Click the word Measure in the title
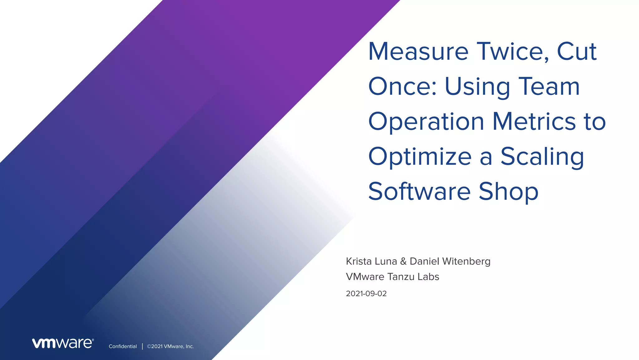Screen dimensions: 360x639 [418, 52]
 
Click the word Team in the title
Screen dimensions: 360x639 [549, 86]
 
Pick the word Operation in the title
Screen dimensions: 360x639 [426, 122]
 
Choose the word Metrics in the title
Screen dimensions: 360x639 [534, 121]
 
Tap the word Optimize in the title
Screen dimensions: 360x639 [420, 157]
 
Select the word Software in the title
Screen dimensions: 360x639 [419, 191]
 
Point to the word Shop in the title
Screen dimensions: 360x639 [509, 191]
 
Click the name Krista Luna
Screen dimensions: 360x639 [371, 261]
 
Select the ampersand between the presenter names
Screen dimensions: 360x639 [403, 261]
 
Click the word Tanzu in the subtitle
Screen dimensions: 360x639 [401, 277]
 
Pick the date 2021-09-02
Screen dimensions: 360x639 [366, 294]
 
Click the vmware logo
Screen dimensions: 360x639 [63, 343]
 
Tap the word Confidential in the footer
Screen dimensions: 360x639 [123, 347]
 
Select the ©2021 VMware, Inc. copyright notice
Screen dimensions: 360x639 [170, 347]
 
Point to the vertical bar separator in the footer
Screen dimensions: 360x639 [142, 346]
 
